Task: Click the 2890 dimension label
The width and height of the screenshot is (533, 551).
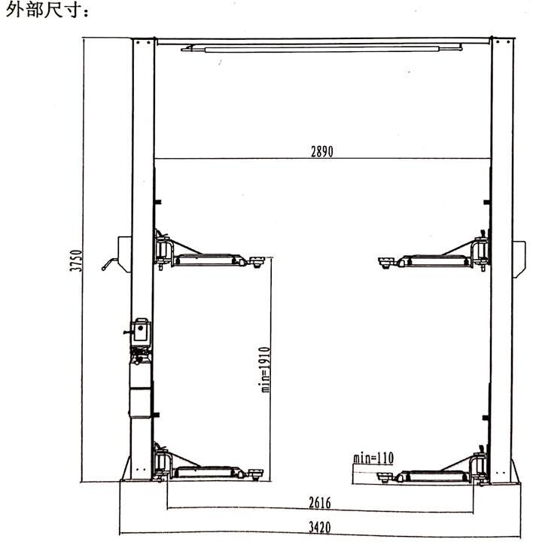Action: coord(322,151)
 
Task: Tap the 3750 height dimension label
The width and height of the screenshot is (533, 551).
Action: coord(76,260)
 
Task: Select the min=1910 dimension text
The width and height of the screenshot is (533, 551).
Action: coord(264,370)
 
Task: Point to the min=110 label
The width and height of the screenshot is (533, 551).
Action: coord(373,458)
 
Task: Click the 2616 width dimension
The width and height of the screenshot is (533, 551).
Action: coord(320,503)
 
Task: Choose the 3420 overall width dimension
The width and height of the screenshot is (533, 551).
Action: coord(320,527)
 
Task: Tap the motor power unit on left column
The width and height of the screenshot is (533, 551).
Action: coord(141,331)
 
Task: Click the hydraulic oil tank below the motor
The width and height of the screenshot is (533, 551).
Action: coord(141,390)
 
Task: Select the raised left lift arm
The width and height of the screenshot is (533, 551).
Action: coord(209,252)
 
